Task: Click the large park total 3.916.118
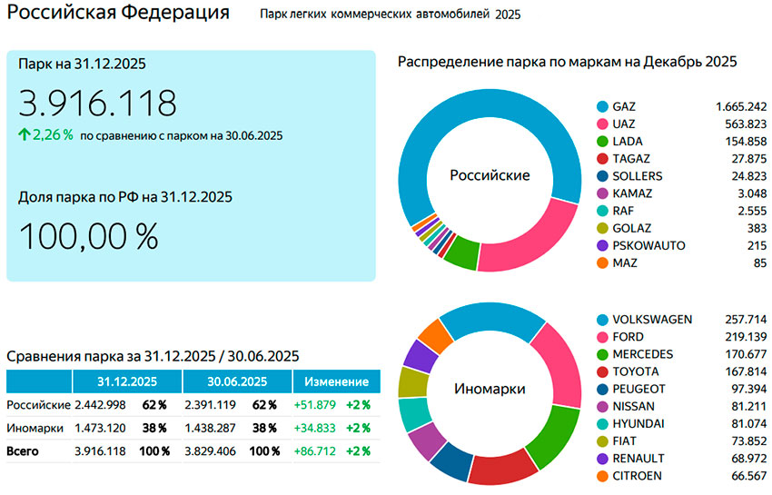97,104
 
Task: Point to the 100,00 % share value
88,236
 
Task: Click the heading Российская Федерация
118,15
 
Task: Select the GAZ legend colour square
601,106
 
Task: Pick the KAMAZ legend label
632,193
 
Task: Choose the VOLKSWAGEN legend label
652,320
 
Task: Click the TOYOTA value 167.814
741,371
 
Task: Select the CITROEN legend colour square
601,476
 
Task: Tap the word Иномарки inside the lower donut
490,389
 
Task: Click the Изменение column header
336,381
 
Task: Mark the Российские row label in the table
38,404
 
